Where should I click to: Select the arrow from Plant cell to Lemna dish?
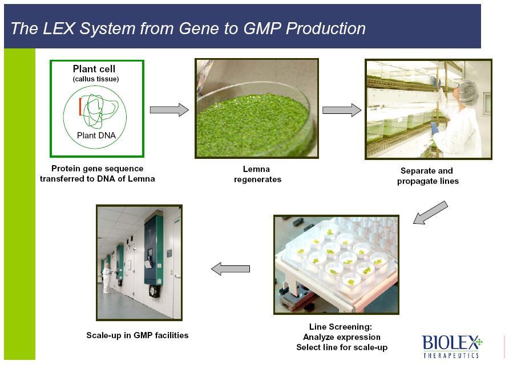(169, 110)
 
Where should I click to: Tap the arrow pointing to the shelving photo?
(342, 110)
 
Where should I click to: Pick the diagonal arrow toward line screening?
(430, 212)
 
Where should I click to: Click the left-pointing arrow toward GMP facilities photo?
(231, 269)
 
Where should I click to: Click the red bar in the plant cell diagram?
(80, 106)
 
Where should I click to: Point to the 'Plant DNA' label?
(96, 135)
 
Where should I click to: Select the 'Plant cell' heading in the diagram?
(94, 69)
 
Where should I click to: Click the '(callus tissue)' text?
(95, 79)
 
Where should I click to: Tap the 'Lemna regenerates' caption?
(257, 174)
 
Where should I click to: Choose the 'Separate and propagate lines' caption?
(427, 176)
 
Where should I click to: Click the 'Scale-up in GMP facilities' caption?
(137, 335)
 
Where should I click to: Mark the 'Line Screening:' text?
(340, 326)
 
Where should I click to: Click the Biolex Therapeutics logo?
(452, 346)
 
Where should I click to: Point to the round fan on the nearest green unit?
(154, 291)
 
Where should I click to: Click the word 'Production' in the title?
(325, 28)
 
